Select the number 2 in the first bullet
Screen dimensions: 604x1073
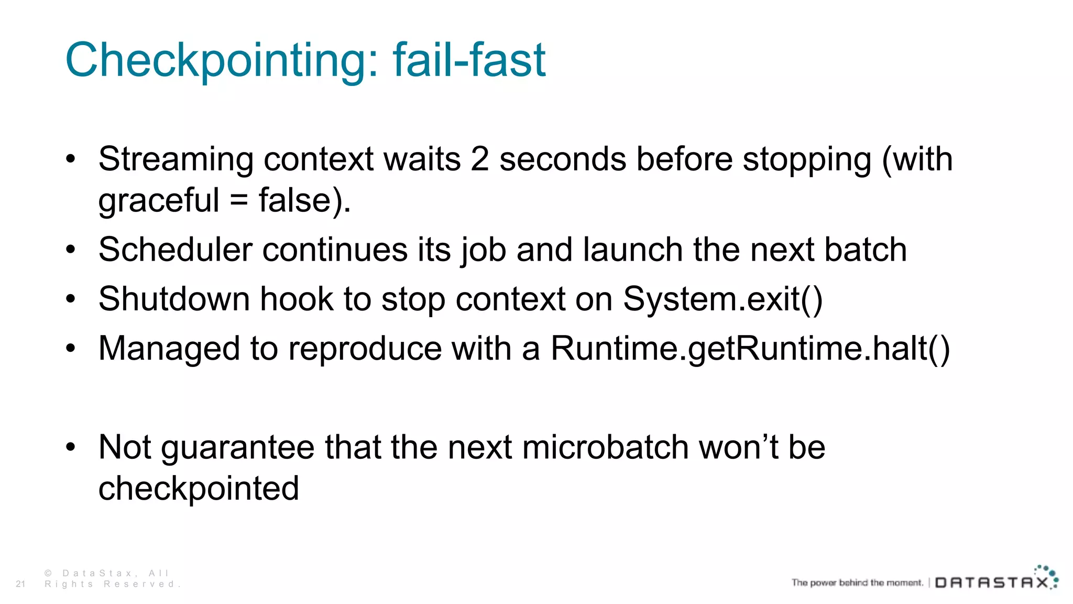(x=479, y=159)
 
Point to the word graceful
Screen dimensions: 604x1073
(x=159, y=201)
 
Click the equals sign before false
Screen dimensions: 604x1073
(x=239, y=201)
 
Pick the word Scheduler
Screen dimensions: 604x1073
(x=176, y=250)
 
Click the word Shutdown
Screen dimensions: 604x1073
(x=173, y=299)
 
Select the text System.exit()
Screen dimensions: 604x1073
(x=722, y=299)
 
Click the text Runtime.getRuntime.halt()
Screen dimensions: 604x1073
(x=750, y=349)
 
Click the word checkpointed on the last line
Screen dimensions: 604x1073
(x=199, y=489)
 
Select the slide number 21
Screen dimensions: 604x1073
(x=20, y=584)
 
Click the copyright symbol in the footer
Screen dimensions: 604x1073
(x=48, y=573)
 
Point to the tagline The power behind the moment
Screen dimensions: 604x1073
(x=857, y=583)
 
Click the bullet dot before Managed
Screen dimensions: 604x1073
(x=71, y=348)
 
